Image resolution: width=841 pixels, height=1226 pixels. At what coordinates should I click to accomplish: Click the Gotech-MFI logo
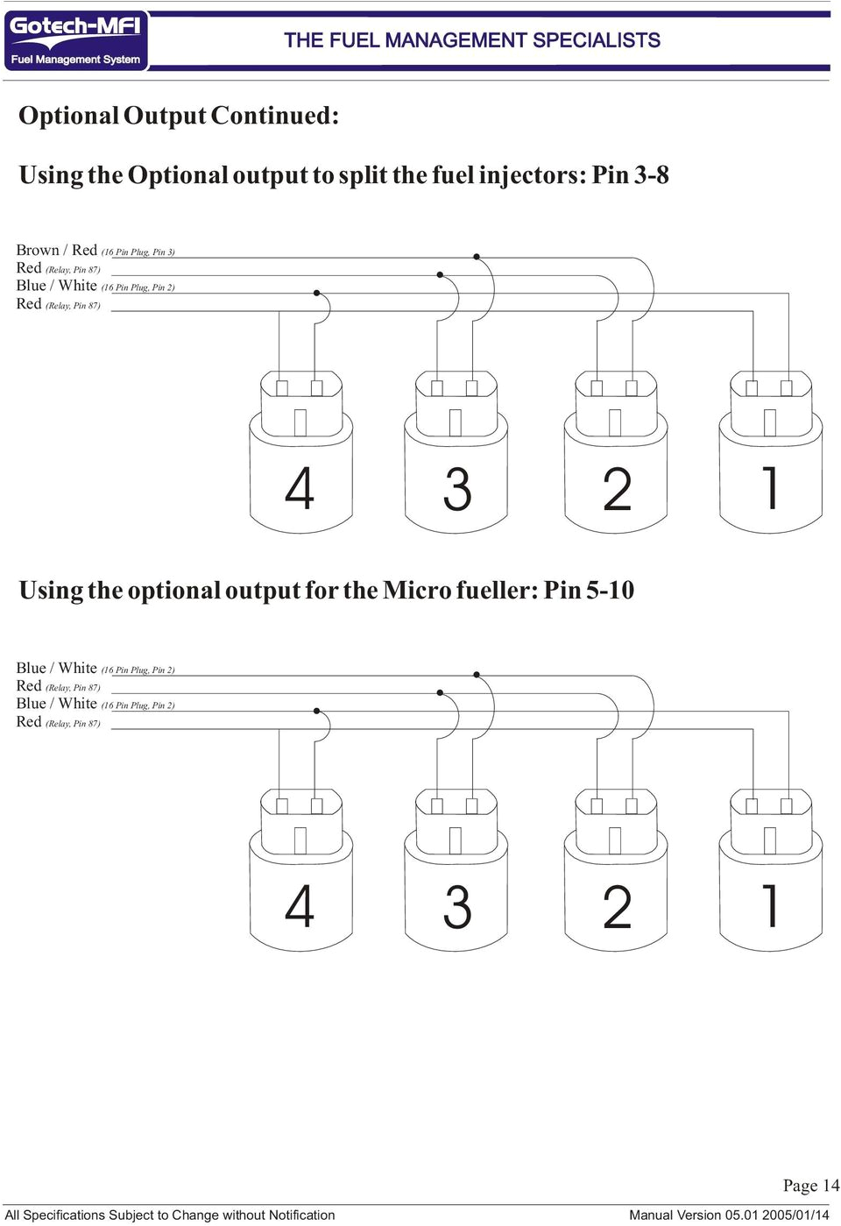[75, 40]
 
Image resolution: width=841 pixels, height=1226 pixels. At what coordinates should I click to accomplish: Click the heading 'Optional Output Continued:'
[179, 116]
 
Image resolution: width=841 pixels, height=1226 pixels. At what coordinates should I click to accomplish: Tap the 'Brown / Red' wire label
[57, 251]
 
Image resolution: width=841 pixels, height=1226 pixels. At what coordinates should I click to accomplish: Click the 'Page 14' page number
[810, 1186]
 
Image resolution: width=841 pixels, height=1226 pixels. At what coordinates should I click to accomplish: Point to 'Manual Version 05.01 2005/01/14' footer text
[729, 1215]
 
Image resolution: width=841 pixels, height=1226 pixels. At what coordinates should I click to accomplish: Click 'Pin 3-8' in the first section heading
[630, 175]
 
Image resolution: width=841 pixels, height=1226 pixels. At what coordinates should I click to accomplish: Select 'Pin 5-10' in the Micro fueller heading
[589, 591]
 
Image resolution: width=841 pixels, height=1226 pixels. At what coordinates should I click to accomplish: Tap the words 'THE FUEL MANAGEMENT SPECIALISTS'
[472, 40]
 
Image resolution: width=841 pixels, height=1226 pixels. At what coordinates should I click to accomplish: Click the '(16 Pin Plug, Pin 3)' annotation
[138, 252]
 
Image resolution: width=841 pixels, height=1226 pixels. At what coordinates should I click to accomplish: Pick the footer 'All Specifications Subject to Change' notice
[170, 1215]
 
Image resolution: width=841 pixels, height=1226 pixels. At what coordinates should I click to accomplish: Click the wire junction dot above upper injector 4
[317, 293]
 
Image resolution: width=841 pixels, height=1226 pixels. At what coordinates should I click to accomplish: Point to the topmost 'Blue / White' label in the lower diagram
[57, 669]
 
